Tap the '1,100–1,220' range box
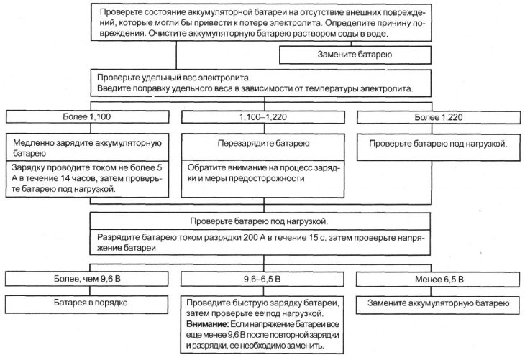point(262,117)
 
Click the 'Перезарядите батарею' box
point(262,143)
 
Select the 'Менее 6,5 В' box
point(437,279)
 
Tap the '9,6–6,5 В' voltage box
point(262,279)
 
